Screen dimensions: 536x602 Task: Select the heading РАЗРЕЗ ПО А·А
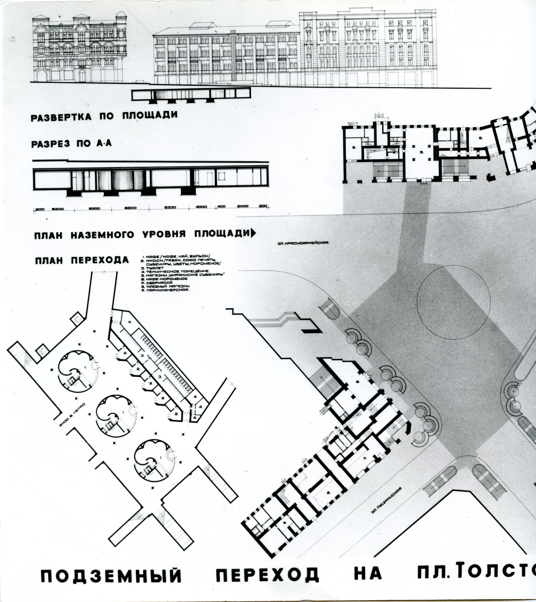coord(71,144)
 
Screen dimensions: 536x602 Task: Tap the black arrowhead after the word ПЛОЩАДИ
coord(253,233)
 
